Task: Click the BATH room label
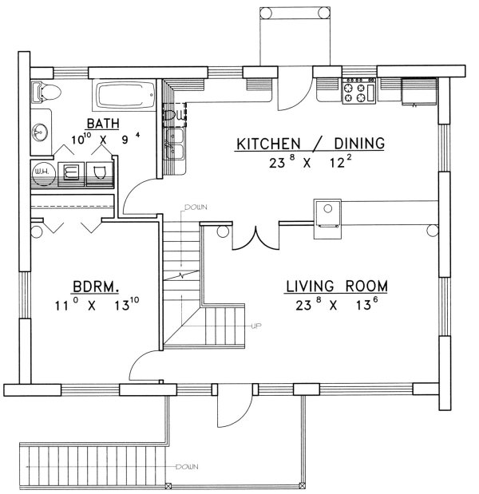click(x=103, y=123)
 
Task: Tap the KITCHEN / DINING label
click(x=311, y=144)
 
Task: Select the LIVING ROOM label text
click(x=337, y=286)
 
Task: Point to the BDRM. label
click(x=96, y=287)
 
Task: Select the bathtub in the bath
click(x=125, y=94)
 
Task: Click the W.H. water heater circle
click(x=44, y=172)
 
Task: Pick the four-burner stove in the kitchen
click(x=359, y=90)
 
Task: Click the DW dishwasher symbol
click(x=175, y=115)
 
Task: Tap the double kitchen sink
click(x=175, y=144)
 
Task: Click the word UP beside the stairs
click(x=256, y=326)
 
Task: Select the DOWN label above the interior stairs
click(x=196, y=207)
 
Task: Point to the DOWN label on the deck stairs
click(x=187, y=467)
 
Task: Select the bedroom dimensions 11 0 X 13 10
click(x=97, y=305)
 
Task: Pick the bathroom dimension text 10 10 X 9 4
click(x=105, y=139)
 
